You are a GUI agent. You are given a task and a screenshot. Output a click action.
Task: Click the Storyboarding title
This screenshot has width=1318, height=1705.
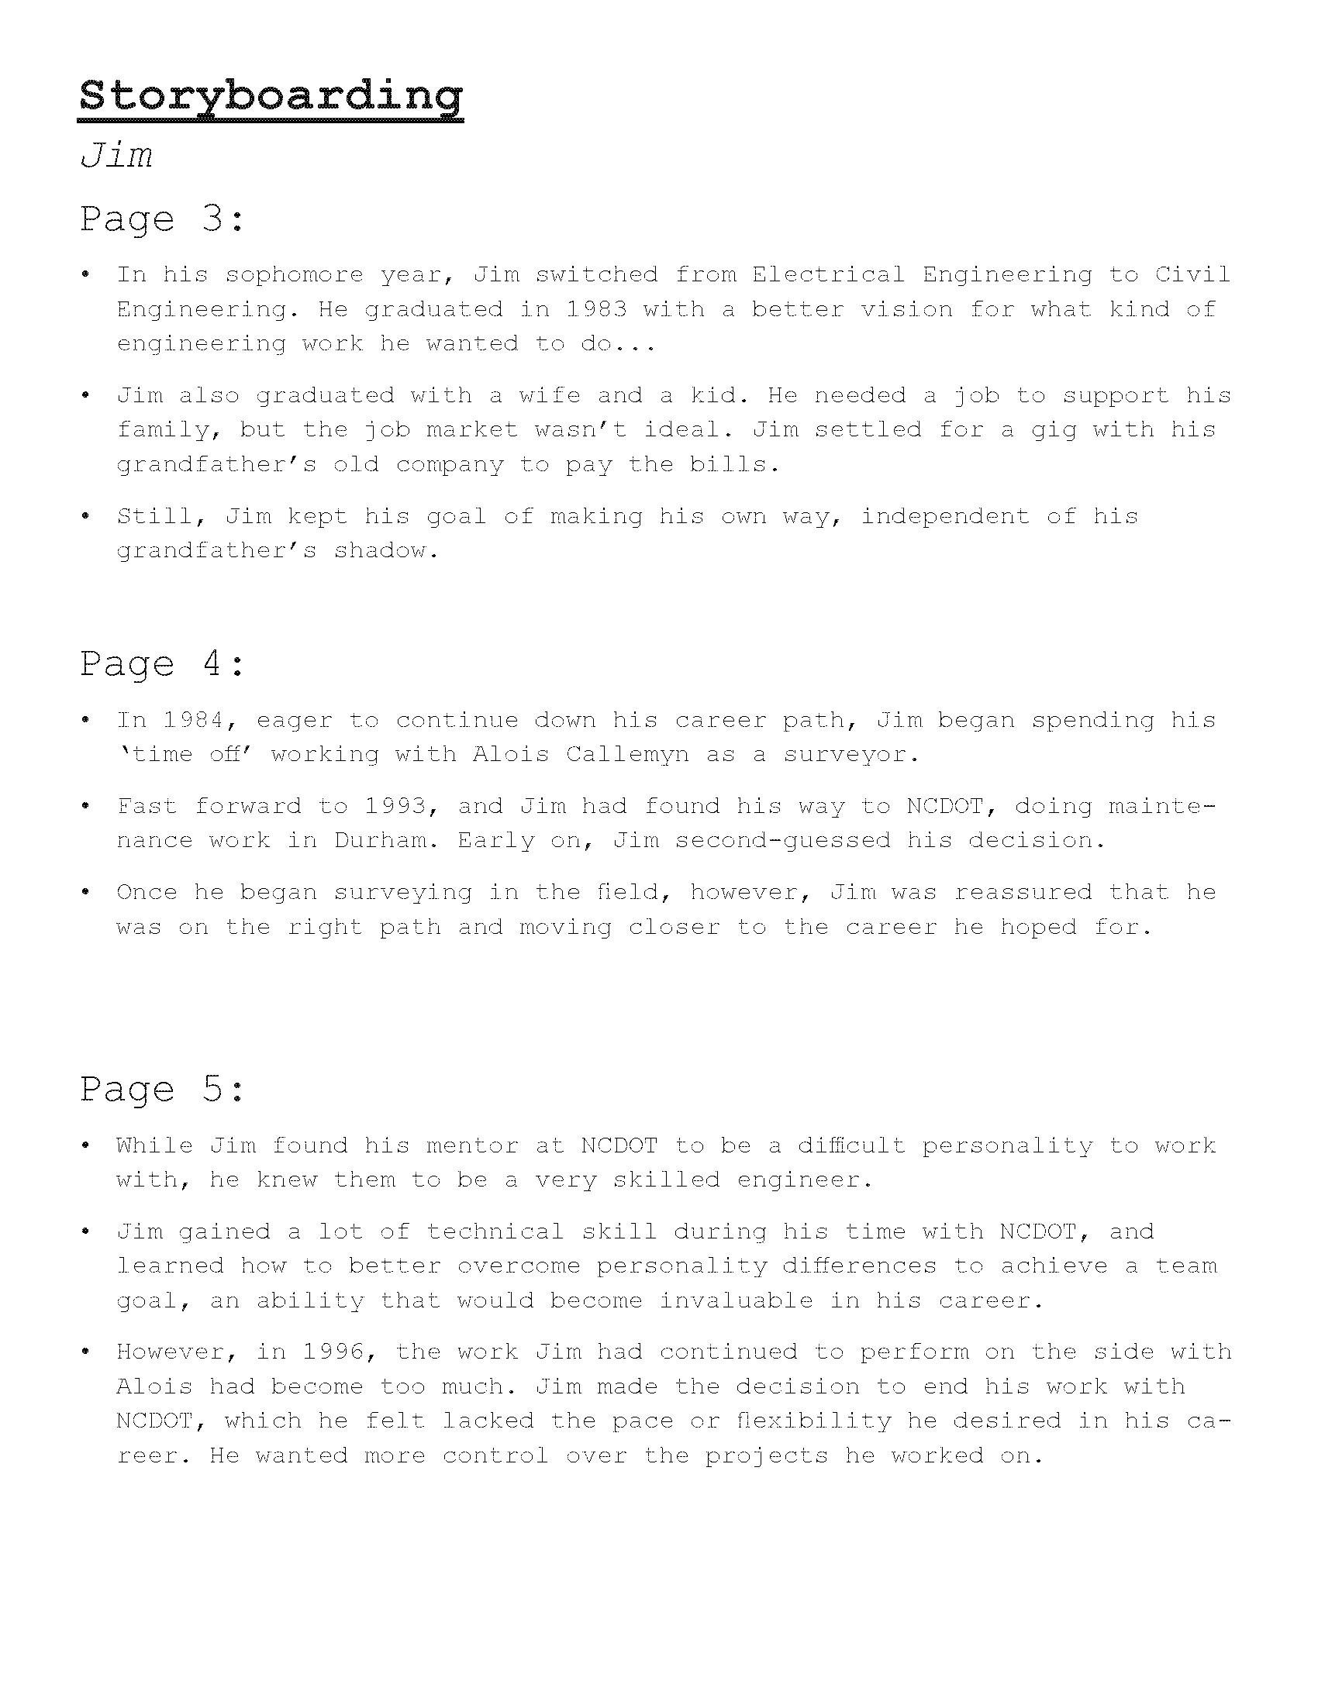tap(271, 96)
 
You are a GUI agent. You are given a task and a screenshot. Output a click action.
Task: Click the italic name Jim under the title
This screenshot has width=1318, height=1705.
tap(116, 155)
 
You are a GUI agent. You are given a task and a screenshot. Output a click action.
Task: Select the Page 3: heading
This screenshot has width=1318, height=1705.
tap(162, 219)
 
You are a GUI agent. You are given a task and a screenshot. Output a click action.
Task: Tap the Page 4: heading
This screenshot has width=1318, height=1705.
tap(162, 664)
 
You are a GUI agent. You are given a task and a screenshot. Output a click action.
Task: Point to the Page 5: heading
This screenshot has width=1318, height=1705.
tap(162, 1089)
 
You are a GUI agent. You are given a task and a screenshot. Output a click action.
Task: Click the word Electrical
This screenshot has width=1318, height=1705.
tap(828, 275)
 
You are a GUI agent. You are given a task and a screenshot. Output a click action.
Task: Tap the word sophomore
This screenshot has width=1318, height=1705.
tap(295, 275)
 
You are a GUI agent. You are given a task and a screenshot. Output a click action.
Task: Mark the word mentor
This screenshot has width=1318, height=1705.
tap(472, 1145)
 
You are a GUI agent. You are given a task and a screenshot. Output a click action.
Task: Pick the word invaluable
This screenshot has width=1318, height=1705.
tap(736, 1300)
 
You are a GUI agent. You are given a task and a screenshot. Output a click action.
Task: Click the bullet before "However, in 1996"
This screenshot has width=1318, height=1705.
tap(86, 1352)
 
